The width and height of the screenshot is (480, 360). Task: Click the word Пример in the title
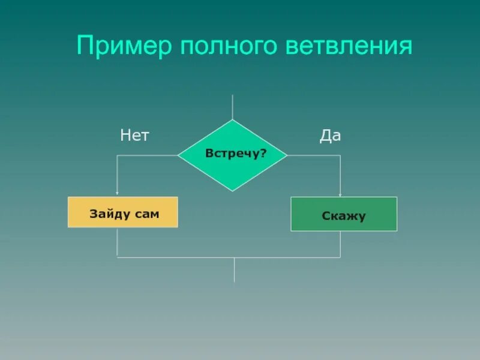pos(122,46)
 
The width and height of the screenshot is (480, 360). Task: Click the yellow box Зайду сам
pos(123,212)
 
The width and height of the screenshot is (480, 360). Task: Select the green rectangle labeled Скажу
pos(344,214)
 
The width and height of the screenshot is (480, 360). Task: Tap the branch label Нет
pos(134,136)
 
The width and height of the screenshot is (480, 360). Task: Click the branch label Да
pos(330,136)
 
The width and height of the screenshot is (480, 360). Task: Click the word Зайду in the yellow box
pos(110,214)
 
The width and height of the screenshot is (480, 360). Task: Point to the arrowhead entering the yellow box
pos(117,194)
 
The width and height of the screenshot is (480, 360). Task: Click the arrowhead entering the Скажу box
pos(340,194)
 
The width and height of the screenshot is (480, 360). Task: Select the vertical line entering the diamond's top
pos(233,107)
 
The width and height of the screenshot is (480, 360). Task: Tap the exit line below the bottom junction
pos(234,270)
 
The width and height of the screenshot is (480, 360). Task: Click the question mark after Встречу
pos(263,154)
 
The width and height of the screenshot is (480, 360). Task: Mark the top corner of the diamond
pos(233,121)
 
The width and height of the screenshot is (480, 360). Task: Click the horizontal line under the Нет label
pos(147,155)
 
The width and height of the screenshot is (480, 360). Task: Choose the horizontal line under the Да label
pos(314,155)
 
